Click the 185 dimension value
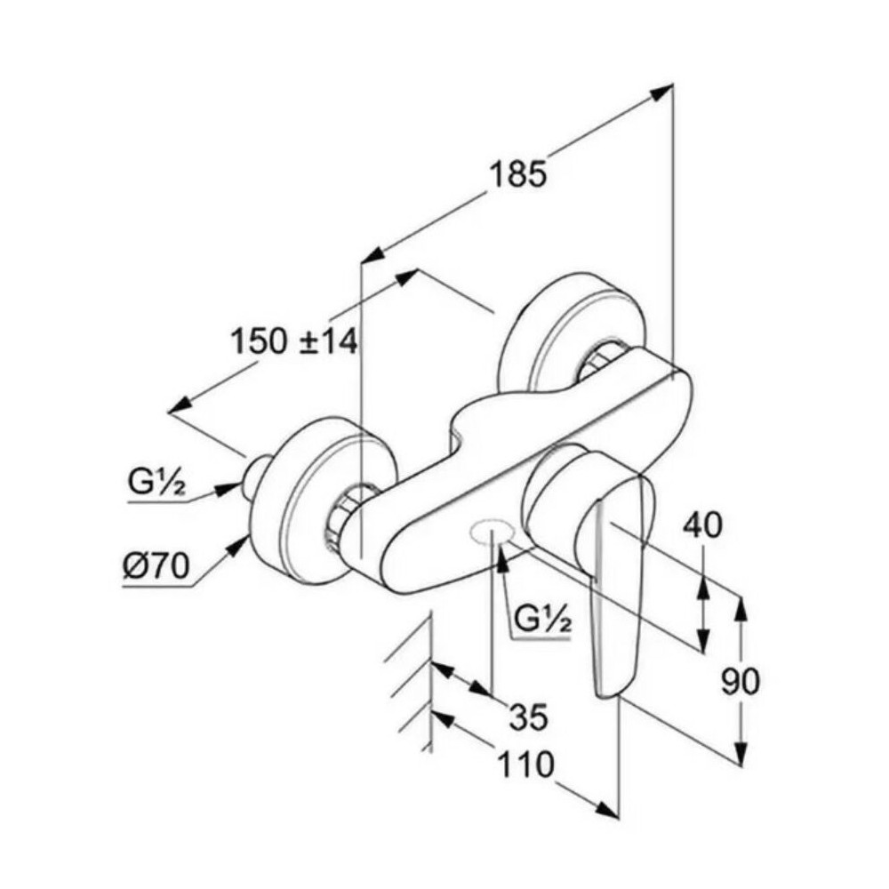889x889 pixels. click(x=518, y=174)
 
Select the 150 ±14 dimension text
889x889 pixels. click(x=294, y=342)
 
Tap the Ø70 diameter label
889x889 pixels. click(x=156, y=566)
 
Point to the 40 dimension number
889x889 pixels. click(x=702, y=525)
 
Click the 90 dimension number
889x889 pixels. click(x=740, y=681)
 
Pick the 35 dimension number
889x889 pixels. click(x=529, y=716)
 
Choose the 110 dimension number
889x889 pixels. click(x=525, y=764)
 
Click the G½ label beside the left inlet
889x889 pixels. click(x=156, y=483)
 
